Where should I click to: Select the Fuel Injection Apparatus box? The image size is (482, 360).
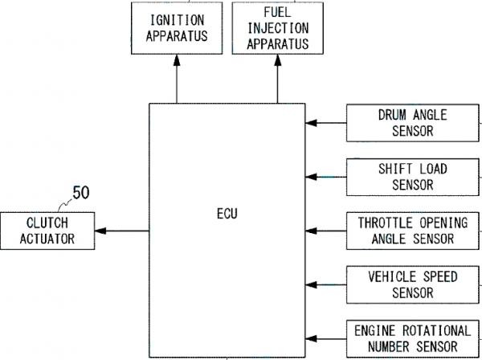pyautogui.click(x=277, y=27)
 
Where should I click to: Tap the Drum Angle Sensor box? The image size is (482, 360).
pyautogui.click(x=411, y=122)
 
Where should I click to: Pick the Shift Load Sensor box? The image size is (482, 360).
pyautogui.click(x=411, y=176)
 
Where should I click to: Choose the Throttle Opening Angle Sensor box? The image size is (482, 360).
pyautogui.click(x=411, y=230)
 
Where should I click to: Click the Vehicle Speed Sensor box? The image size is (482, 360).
pyautogui.click(x=411, y=284)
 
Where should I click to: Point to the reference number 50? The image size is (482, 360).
pyautogui.click(x=81, y=193)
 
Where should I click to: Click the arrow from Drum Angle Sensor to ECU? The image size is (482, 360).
pyautogui.click(x=326, y=123)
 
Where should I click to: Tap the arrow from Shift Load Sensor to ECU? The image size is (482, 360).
pyautogui.click(x=326, y=176)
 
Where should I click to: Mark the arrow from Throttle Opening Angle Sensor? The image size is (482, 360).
pyautogui.click(x=326, y=230)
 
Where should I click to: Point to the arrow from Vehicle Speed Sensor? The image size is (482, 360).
pyautogui.click(x=326, y=284)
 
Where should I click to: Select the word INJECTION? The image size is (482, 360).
pyautogui.click(x=277, y=28)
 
